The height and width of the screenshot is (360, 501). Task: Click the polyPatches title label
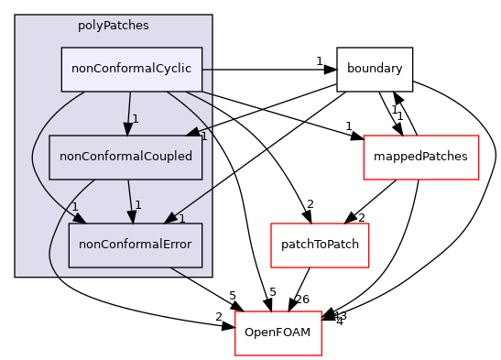pos(113,26)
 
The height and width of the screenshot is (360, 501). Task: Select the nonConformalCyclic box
pos(131,70)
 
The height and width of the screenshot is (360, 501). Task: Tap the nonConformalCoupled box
pos(125,157)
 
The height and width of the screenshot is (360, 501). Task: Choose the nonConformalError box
pos(135,245)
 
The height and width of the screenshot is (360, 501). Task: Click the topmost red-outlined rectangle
pos(420,158)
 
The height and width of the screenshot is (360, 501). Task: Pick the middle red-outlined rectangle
pos(320,245)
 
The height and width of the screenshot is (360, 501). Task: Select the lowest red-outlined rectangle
pos(278,333)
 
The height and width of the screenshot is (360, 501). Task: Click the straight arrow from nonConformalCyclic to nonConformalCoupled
pos(129,110)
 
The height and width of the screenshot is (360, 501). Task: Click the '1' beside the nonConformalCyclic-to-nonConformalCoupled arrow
pos(135,119)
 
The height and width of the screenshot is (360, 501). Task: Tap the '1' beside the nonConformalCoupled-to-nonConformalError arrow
pos(137,205)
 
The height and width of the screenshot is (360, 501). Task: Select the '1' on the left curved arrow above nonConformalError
pos(74,206)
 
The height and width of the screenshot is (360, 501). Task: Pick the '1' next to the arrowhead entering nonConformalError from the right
pos(181,219)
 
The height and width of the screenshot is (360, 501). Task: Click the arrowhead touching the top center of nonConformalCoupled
pos(128,129)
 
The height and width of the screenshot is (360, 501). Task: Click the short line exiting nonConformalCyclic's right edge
pos(207,70)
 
